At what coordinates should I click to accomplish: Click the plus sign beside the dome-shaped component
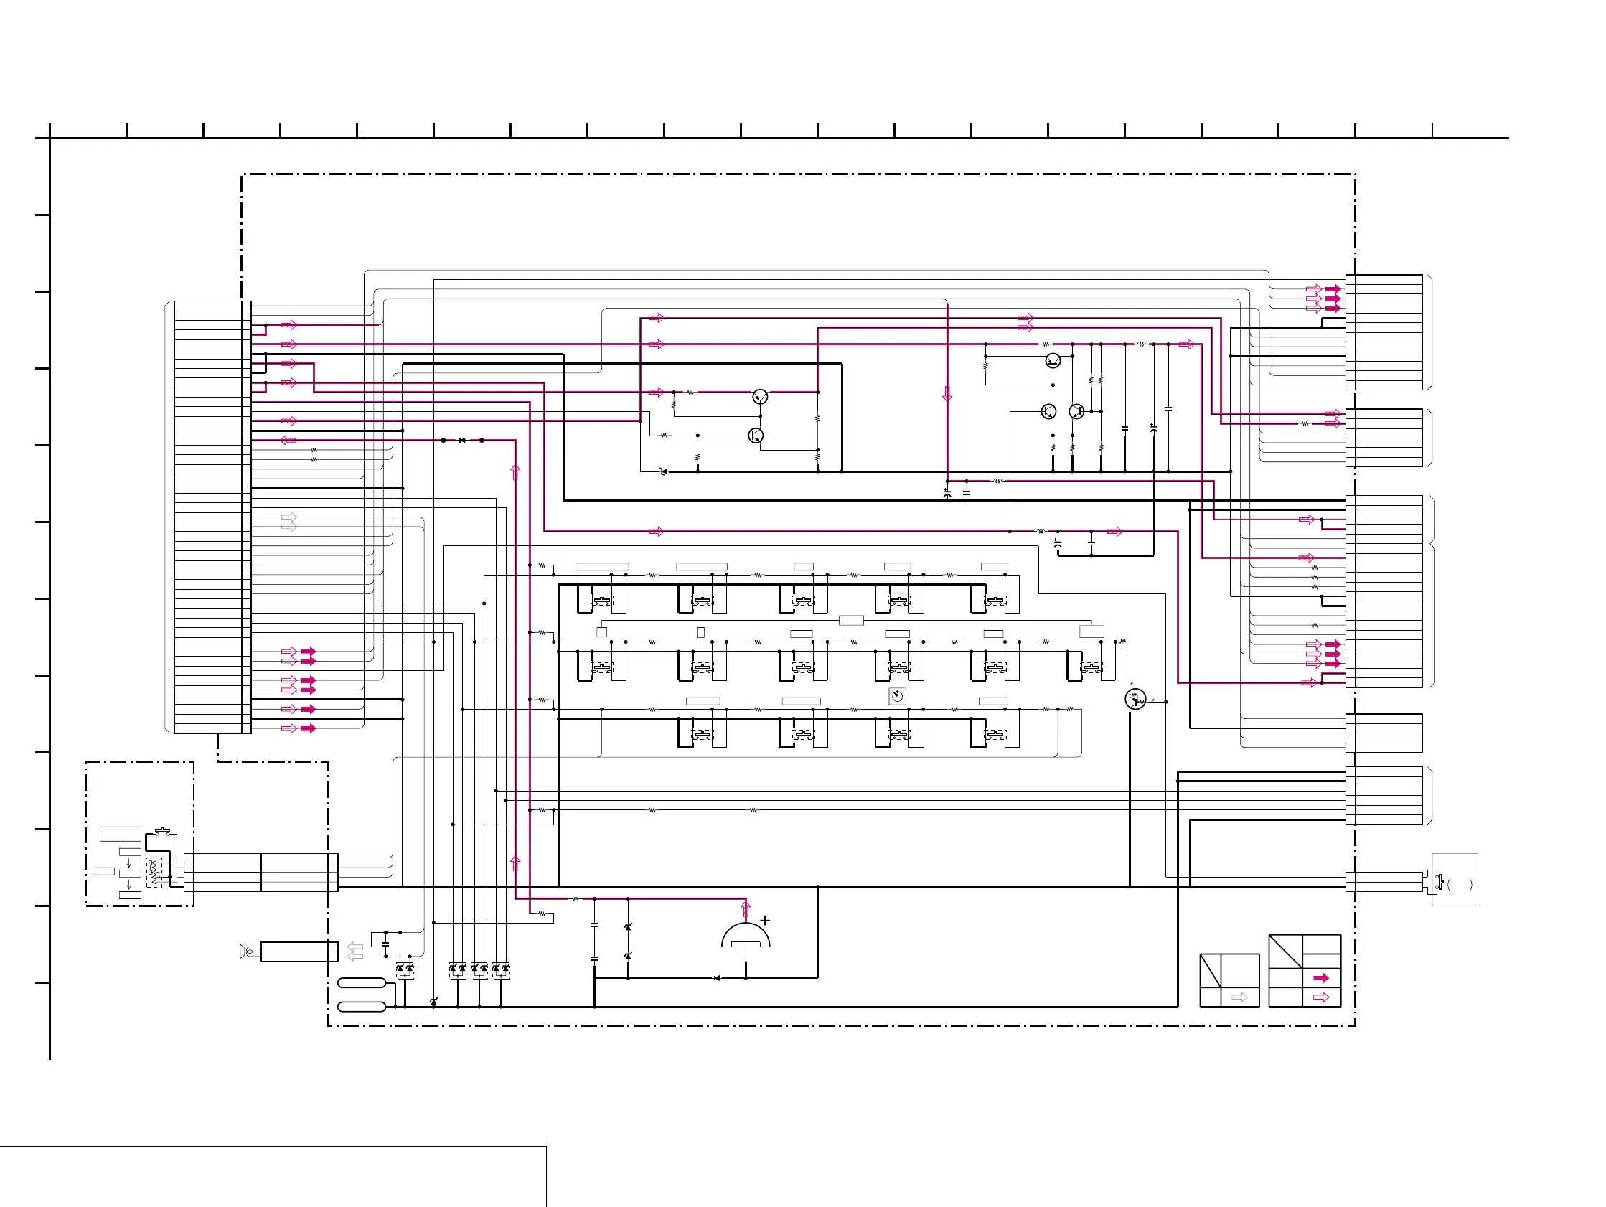(764, 920)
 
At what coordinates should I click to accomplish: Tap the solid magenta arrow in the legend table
(1320, 978)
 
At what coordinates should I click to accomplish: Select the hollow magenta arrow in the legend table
(1320, 997)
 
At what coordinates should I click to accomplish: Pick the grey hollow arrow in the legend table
(1239, 997)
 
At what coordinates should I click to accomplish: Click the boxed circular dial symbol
(898, 697)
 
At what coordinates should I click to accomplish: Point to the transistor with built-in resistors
(1135, 700)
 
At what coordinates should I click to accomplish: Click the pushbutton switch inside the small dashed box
(162, 831)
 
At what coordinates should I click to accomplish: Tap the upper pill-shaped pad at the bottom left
(362, 982)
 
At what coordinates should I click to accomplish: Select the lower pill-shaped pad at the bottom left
(362, 1007)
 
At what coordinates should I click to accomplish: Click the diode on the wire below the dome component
(717, 978)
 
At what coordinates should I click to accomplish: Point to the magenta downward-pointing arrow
(947, 394)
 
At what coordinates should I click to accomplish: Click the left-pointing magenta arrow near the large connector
(288, 440)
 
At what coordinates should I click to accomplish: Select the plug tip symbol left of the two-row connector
(247, 952)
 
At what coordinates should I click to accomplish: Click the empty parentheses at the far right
(1460, 885)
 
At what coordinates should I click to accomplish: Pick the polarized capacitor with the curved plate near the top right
(1153, 429)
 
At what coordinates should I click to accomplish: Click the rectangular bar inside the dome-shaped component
(746, 944)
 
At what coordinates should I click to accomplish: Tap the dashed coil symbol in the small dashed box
(153, 871)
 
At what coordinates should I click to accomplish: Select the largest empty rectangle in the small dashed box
(121, 834)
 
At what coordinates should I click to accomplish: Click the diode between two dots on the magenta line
(462, 440)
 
